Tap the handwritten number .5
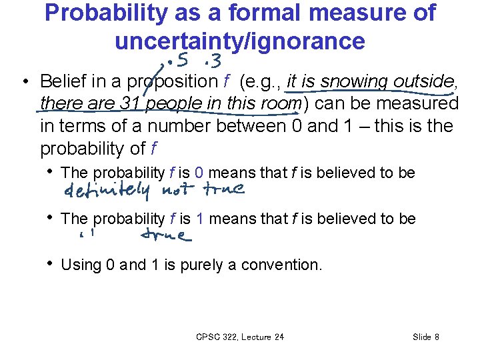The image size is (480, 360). (x=178, y=62)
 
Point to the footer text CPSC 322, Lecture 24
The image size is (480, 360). (x=240, y=337)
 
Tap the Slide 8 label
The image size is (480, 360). (x=426, y=337)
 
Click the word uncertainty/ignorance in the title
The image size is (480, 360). (x=240, y=41)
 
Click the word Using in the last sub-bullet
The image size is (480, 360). (x=81, y=265)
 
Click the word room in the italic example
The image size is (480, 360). (x=282, y=104)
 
